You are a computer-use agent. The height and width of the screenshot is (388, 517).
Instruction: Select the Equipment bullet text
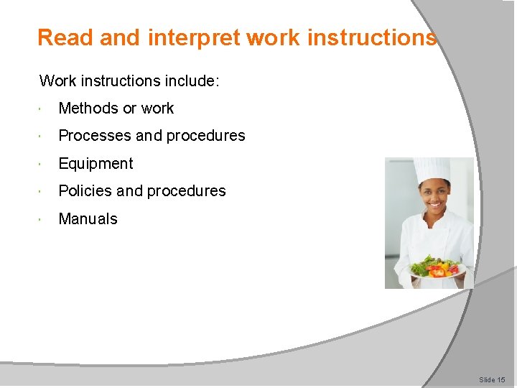tap(96, 164)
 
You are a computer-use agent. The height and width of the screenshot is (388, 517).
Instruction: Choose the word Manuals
tap(88, 219)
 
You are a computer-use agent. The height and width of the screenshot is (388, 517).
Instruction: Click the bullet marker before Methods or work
tap(45, 108)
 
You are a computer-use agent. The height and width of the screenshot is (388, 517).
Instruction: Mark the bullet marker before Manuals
tap(45, 219)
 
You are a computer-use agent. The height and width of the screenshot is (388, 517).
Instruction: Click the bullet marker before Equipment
tap(45, 164)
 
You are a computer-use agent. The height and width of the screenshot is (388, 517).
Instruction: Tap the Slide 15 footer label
tap(492, 379)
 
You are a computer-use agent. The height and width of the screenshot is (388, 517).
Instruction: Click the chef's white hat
tap(432, 170)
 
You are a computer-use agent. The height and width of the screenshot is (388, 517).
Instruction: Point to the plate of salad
tap(437, 269)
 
